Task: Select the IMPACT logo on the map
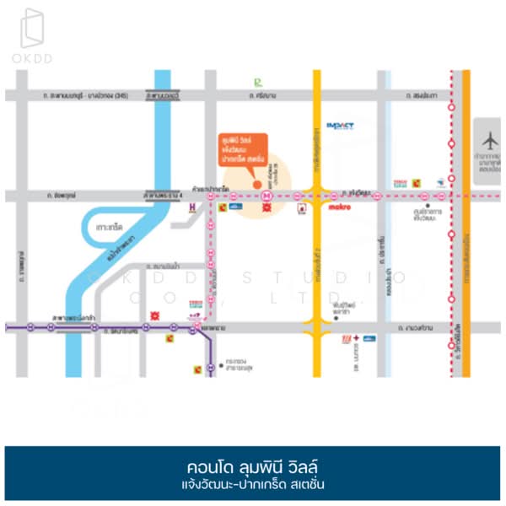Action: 340,126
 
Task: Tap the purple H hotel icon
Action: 192,205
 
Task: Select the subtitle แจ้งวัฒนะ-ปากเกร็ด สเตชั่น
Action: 252,485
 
